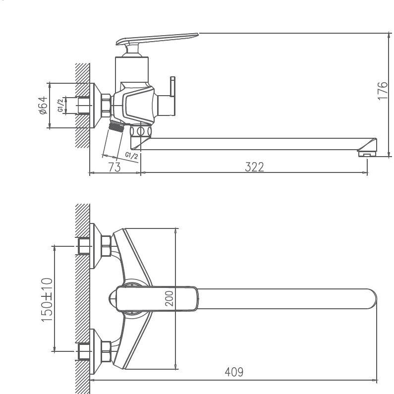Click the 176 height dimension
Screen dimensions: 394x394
(382, 91)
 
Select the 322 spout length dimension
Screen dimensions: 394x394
(254, 167)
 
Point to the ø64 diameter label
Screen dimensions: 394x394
(43, 106)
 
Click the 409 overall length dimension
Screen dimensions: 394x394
(234, 372)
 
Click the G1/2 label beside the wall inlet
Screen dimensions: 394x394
(60, 106)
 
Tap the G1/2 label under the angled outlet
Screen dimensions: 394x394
(131, 156)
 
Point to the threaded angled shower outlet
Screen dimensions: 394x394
(117, 128)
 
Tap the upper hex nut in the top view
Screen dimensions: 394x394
(106, 245)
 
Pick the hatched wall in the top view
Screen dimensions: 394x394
(82, 297)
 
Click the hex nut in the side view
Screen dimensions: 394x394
(106, 105)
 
